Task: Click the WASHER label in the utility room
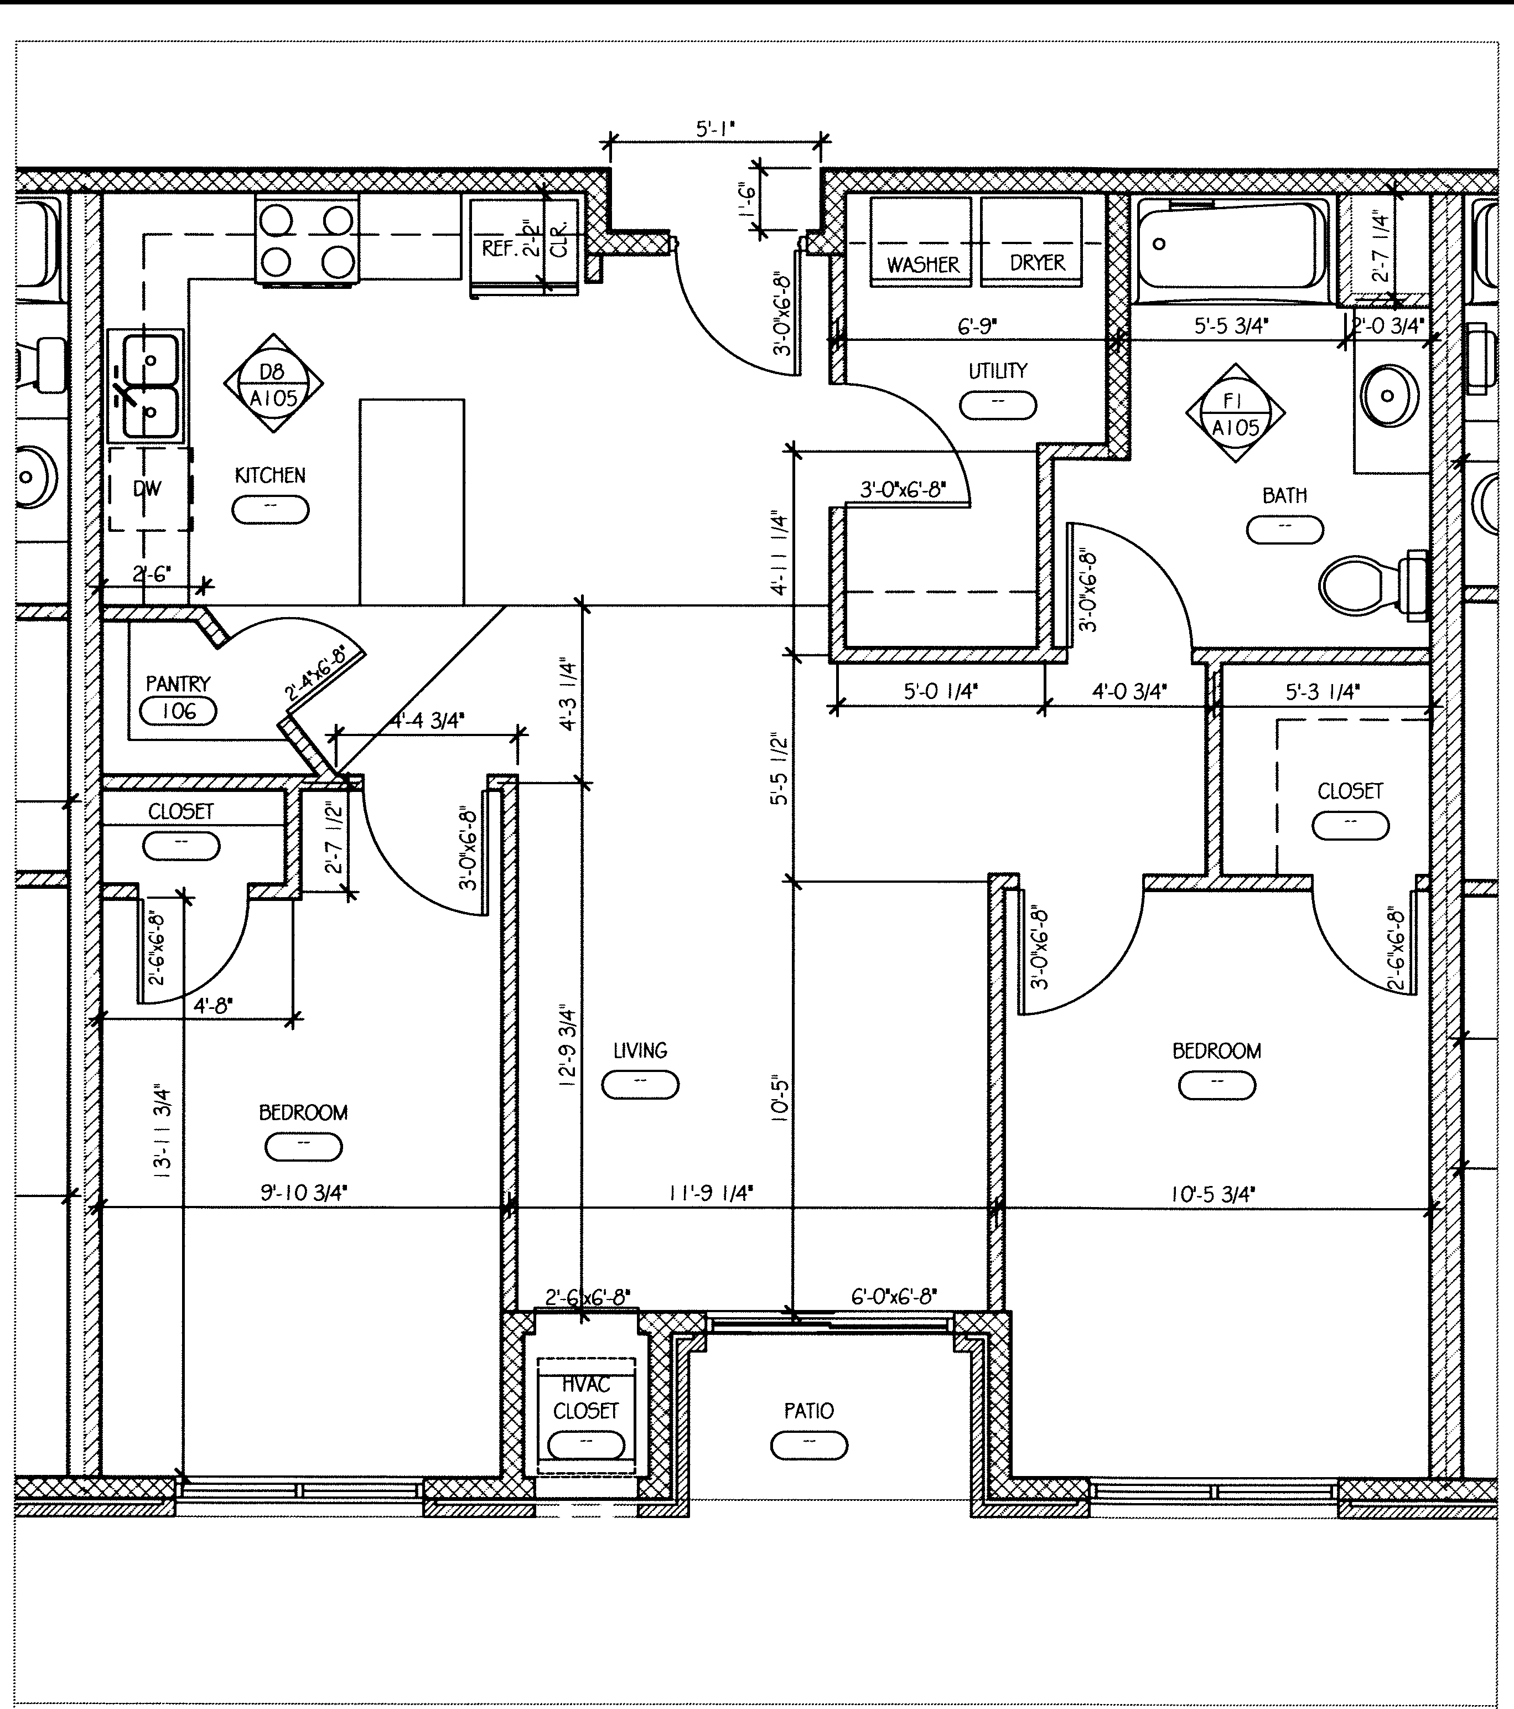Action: click(923, 265)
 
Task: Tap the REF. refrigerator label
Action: click(500, 248)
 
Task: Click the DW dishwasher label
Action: click(147, 489)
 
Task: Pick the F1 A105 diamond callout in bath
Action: click(1235, 413)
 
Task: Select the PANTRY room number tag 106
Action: click(178, 712)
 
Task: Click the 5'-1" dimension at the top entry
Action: click(715, 129)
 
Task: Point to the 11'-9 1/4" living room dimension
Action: click(711, 1193)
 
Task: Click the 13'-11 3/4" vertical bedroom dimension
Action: click(162, 1132)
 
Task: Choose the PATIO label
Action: click(808, 1411)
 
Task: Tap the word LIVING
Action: click(640, 1051)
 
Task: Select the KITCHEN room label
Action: click(270, 476)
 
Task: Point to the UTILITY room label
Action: click(997, 370)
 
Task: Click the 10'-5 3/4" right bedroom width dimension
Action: click(1212, 1194)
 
